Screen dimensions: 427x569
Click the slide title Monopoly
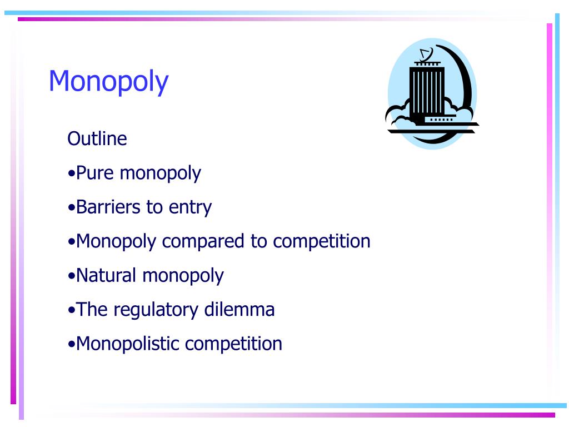[108, 81]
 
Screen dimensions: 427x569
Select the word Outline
[97, 138]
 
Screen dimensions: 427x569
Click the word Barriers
[108, 207]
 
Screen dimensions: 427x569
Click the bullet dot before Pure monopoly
[71, 174]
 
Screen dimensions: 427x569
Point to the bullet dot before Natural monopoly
[71, 276]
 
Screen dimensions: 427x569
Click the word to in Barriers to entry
[154, 208]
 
